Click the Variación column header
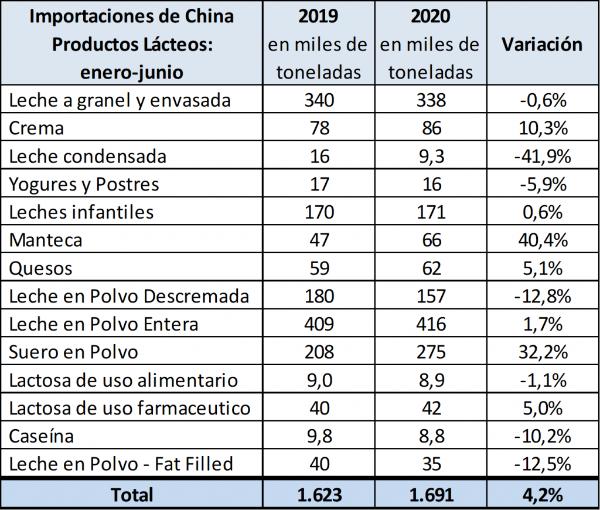pyautogui.click(x=542, y=45)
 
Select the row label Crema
pyautogui.click(x=36, y=128)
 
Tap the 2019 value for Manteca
pyautogui.click(x=319, y=240)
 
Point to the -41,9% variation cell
pyautogui.click(x=542, y=157)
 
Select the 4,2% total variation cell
pyautogui.click(x=542, y=494)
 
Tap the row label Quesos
pyautogui.click(x=41, y=268)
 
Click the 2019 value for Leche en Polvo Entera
pyautogui.click(x=319, y=324)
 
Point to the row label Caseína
pyautogui.click(x=42, y=437)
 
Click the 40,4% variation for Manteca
pyautogui.click(x=542, y=240)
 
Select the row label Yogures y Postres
pyautogui.click(x=84, y=185)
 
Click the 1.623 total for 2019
pyautogui.click(x=319, y=494)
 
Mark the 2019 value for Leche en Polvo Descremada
pyautogui.click(x=319, y=296)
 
